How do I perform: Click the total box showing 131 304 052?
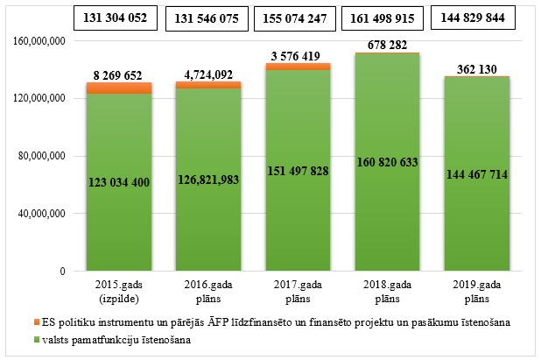coord(114,18)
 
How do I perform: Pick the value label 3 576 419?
coord(298,55)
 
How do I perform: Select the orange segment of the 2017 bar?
coord(298,67)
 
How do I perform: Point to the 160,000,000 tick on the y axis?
coord(41,40)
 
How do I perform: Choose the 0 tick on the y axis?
coord(64,272)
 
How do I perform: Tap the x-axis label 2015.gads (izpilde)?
coord(117,293)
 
